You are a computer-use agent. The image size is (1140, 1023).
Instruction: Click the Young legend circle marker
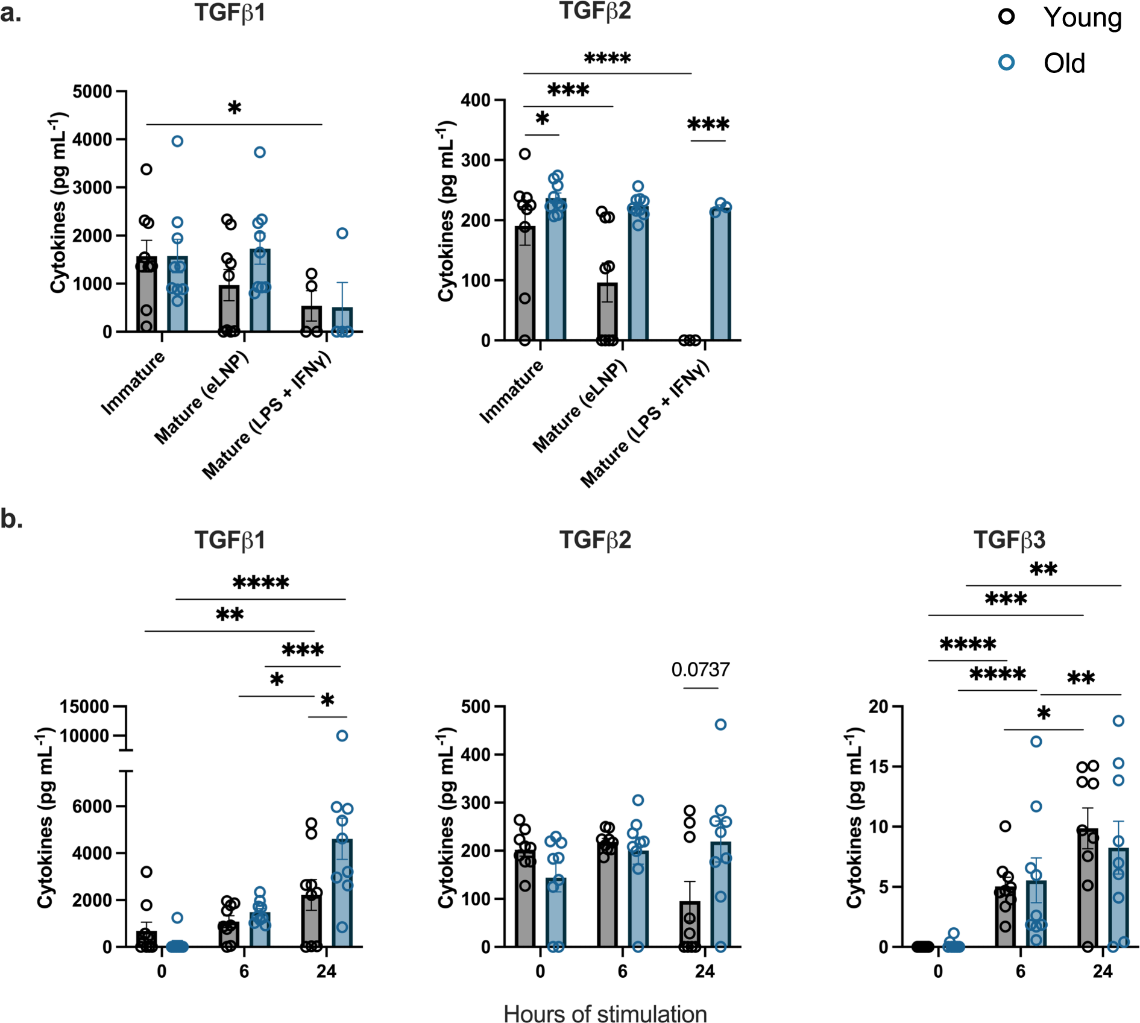(x=1006, y=16)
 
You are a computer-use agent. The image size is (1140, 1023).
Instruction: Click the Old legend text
(x=1064, y=63)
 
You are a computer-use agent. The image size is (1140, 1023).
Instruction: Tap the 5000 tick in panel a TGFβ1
(x=92, y=92)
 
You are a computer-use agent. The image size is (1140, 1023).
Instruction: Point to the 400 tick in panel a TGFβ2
(x=476, y=100)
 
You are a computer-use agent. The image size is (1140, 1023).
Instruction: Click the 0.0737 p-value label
(x=700, y=669)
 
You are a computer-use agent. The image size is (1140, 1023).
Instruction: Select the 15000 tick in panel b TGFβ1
(x=84, y=707)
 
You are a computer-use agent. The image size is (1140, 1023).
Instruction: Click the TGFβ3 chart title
(x=1009, y=540)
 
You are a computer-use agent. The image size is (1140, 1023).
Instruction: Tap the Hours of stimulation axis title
(x=605, y=1013)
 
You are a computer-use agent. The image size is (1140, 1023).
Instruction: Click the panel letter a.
(x=11, y=13)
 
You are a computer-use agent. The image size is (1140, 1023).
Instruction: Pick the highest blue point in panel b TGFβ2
(x=720, y=725)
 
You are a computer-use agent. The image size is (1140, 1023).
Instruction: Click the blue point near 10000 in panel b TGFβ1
(x=342, y=735)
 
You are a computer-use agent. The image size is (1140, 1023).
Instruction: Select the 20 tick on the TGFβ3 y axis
(x=878, y=706)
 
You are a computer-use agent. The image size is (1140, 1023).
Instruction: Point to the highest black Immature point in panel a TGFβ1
(x=146, y=169)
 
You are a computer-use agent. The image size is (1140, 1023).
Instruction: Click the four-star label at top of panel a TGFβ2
(x=607, y=59)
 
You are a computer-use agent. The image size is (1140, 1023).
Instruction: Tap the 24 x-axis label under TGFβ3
(x=1103, y=971)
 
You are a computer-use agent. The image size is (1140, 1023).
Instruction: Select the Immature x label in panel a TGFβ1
(x=133, y=383)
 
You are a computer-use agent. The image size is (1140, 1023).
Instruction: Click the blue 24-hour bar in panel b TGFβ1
(x=342, y=892)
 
